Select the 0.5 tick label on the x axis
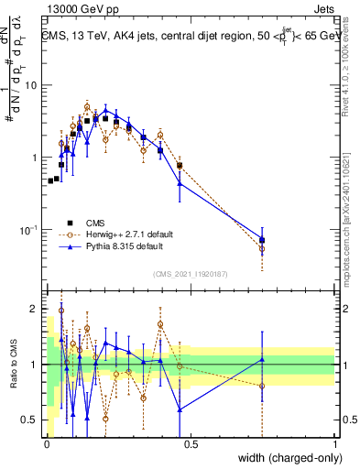point(191,443)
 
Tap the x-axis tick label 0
point(47,443)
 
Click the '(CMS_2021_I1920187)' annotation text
point(191,273)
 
